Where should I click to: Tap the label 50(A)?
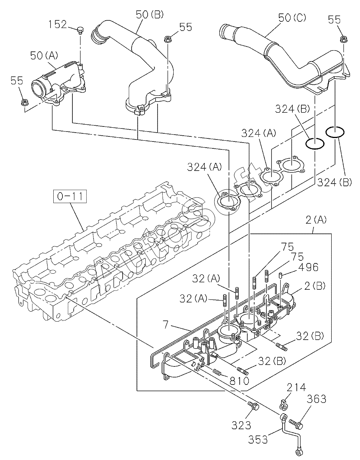tap(44, 56)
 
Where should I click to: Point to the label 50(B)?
tap(149, 15)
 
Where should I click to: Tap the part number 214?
tap(296, 388)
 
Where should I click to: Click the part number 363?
tap(316, 399)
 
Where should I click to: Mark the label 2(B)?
tap(316, 285)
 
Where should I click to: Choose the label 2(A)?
tap(316, 220)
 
